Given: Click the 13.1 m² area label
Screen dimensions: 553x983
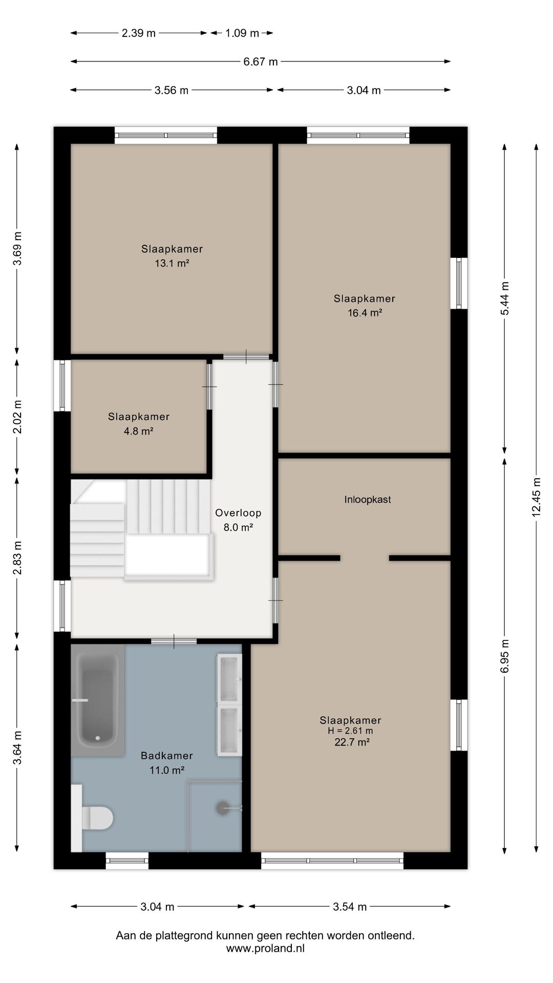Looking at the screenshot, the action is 172,264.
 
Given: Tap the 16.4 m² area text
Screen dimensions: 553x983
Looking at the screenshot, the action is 365,313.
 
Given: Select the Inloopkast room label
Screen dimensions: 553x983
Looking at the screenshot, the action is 368,500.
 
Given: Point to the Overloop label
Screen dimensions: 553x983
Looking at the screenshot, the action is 238,513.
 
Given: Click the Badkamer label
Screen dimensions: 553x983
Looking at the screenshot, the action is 167,756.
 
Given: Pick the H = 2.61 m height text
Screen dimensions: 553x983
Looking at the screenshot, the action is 351,731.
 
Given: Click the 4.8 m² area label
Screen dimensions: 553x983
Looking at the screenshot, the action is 139,431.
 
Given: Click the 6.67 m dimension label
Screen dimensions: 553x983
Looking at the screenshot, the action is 261,62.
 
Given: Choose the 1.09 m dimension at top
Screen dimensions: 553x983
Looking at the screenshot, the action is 242,33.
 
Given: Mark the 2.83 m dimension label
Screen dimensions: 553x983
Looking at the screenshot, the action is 17,558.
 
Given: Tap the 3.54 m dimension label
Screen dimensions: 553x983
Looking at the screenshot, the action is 350,907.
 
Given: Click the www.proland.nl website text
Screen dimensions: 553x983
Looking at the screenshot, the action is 265,948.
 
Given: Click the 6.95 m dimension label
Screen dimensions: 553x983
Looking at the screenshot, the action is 504,656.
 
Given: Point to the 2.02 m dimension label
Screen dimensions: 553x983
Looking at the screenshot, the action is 17,416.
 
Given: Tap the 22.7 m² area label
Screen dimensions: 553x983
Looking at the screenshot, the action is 352,742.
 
